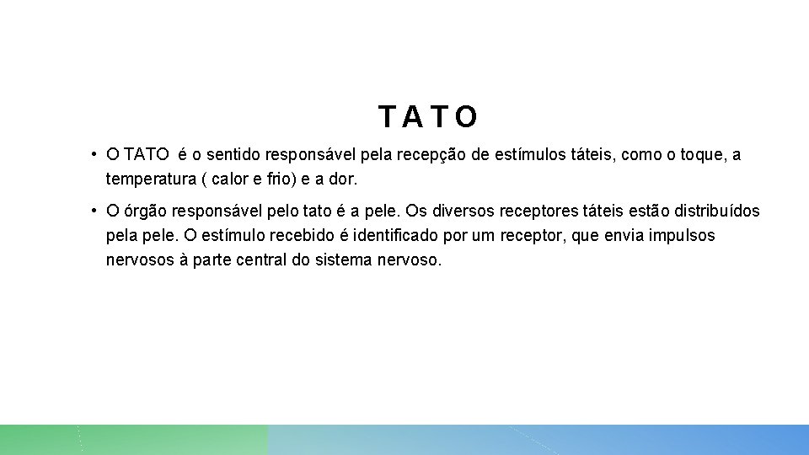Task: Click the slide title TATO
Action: (428, 117)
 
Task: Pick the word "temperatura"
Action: (153, 179)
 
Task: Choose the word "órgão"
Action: (147, 211)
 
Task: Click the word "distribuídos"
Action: (716, 211)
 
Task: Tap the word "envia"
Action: (624, 235)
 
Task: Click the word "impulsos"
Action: (682, 235)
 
